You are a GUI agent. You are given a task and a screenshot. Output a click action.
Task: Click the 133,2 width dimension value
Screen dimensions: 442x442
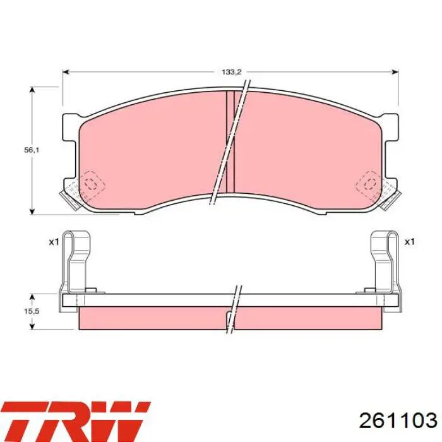pyautogui.click(x=232, y=72)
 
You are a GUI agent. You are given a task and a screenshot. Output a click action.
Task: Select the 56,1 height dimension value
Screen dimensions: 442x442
pyautogui.click(x=32, y=150)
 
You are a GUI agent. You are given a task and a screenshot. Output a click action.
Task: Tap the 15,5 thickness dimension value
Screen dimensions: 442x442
pyautogui.click(x=32, y=311)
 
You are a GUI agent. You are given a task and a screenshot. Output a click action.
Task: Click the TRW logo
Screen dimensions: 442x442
pyautogui.click(x=76, y=421)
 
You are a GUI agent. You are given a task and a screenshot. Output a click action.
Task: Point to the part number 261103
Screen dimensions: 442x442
pyautogui.click(x=398, y=421)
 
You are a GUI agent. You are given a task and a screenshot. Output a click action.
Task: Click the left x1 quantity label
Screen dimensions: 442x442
pyautogui.click(x=54, y=242)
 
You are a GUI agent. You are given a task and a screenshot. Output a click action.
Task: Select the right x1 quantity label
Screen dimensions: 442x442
pyautogui.click(x=409, y=242)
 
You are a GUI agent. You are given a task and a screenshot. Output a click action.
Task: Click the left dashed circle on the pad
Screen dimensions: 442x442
pyautogui.click(x=91, y=184)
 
